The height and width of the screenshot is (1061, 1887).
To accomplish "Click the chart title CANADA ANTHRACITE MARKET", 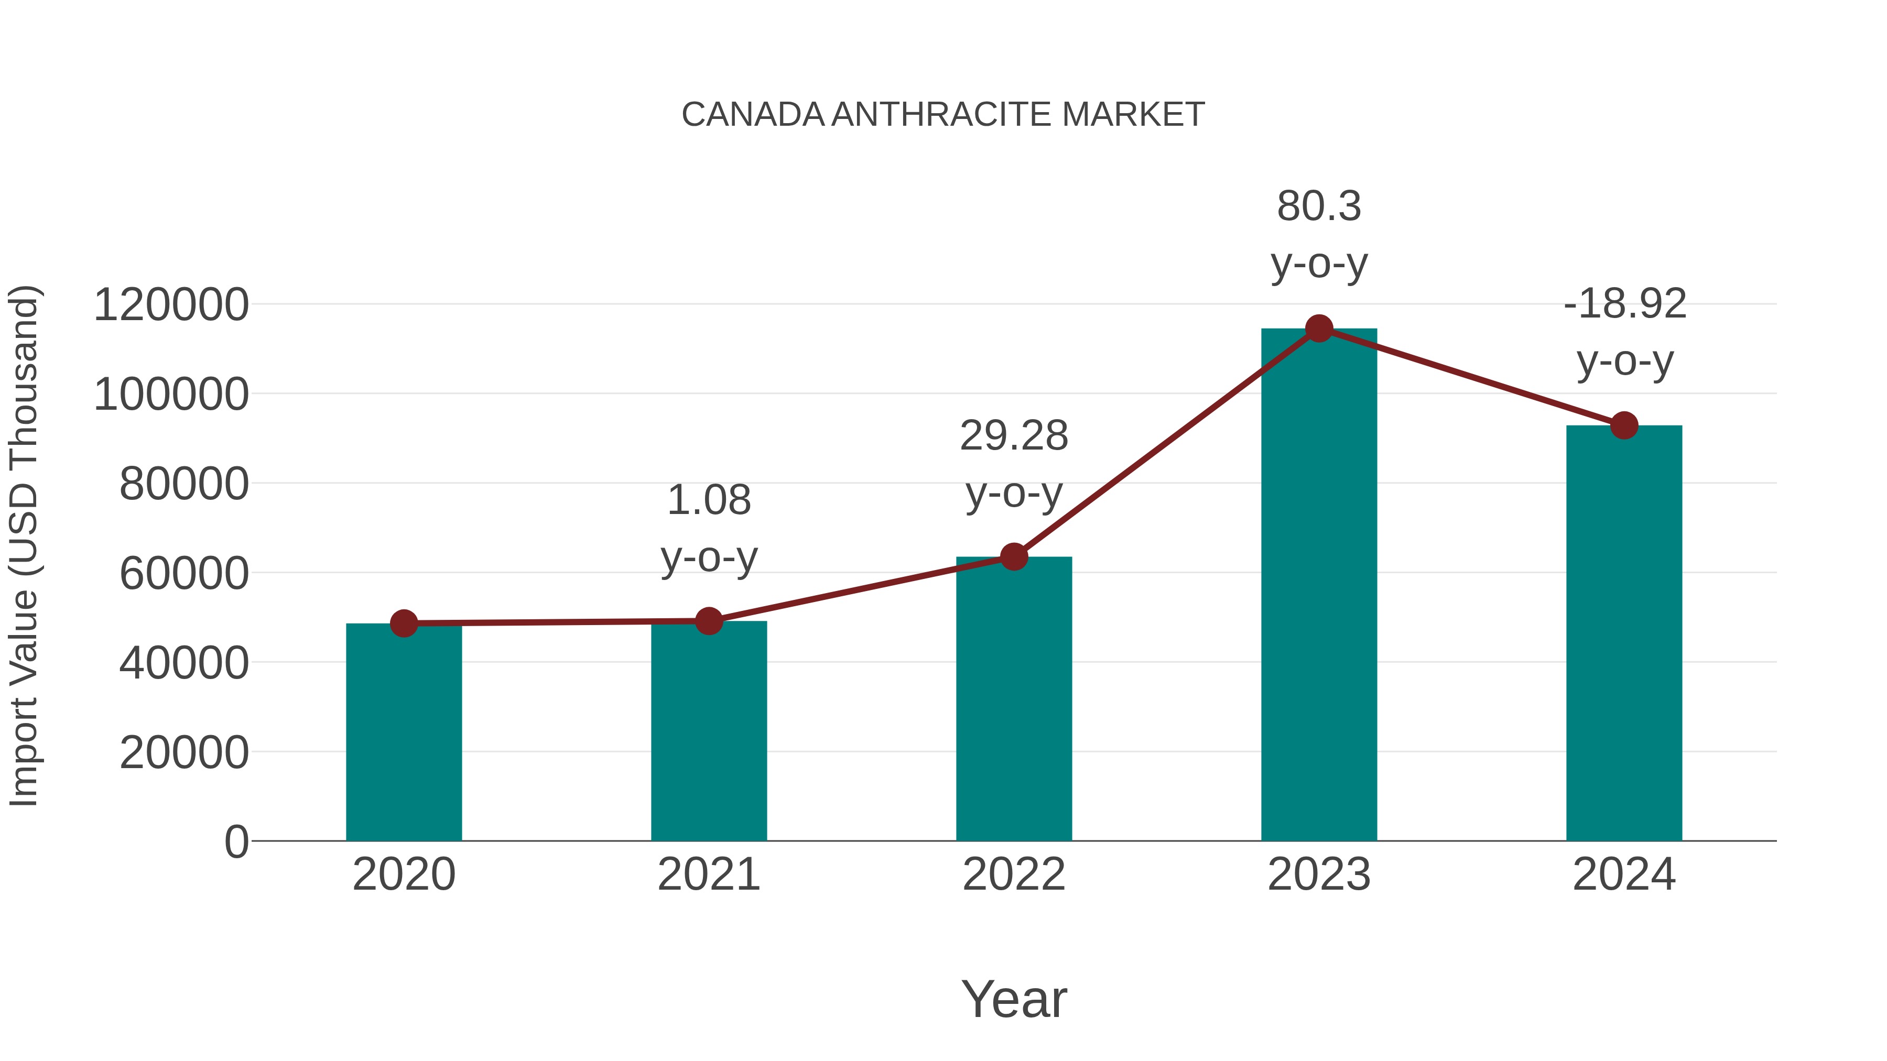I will [x=943, y=115].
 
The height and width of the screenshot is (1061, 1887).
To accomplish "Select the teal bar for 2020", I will [x=404, y=732].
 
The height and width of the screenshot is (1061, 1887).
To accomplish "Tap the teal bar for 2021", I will [x=708, y=732].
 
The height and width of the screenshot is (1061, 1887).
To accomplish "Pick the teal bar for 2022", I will [x=1014, y=699].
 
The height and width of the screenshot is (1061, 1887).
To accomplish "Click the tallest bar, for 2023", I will [x=1319, y=586].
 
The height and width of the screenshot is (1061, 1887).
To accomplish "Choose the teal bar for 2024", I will [x=1624, y=633].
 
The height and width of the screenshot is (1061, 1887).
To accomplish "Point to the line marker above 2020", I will [x=404, y=624].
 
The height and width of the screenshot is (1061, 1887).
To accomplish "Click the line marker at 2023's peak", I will [x=1319, y=329].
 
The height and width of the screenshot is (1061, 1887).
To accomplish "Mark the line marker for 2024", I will [x=1624, y=425].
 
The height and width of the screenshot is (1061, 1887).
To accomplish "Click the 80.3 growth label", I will [x=1319, y=206].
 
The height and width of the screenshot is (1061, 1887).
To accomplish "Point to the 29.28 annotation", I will [x=1014, y=436].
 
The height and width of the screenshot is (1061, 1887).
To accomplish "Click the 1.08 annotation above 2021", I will [x=708, y=501].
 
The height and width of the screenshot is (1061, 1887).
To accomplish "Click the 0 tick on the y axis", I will [x=236, y=842].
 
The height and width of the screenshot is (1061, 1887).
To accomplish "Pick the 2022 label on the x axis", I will [x=1014, y=875].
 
